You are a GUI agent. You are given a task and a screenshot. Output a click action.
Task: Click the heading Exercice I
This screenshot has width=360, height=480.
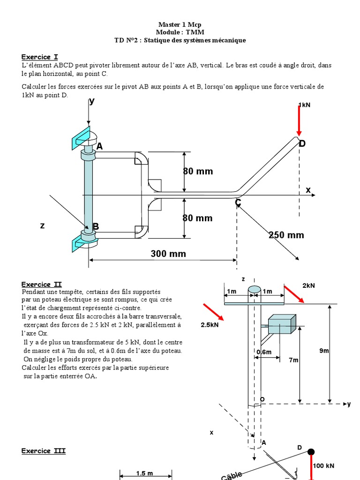(x=39, y=57)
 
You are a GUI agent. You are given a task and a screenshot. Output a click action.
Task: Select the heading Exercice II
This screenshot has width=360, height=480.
(x=41, y=285)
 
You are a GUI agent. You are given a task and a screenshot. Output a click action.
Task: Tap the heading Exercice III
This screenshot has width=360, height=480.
(x=44, y=451)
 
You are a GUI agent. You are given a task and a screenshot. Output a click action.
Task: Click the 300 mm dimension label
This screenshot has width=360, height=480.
(x=168, y=254)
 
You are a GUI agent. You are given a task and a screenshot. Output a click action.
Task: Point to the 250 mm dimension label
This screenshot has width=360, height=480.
(x=286, y=235)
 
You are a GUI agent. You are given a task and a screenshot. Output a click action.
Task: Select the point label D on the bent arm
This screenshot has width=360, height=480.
(x=302, y=143)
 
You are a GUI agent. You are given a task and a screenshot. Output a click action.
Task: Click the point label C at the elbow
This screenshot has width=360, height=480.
(x=238, y=202)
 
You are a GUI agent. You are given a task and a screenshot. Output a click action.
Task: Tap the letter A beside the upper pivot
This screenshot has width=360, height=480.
(x=99, y=147)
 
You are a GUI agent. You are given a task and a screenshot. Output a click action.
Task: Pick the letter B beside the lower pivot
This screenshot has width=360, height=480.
(x=96, y=227)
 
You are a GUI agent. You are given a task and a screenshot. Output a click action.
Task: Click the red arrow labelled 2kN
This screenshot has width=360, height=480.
(x=294, y=293)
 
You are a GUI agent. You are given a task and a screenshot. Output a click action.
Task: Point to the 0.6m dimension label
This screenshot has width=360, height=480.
(x=264, y=352)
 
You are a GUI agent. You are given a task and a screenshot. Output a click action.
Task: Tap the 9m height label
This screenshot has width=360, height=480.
(x=324, y=351)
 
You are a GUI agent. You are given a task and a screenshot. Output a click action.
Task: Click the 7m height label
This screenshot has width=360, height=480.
(x=293, y=360)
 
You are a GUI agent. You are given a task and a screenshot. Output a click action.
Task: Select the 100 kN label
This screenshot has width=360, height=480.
(x=324, y=465)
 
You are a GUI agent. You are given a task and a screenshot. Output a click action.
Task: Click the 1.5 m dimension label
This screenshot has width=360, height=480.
(x=144, y=473)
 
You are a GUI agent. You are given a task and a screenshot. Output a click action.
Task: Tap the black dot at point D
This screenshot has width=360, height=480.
(x=311, y=452)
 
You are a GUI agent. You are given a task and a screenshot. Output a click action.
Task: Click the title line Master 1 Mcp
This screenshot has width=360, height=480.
(x=180, y=24)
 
